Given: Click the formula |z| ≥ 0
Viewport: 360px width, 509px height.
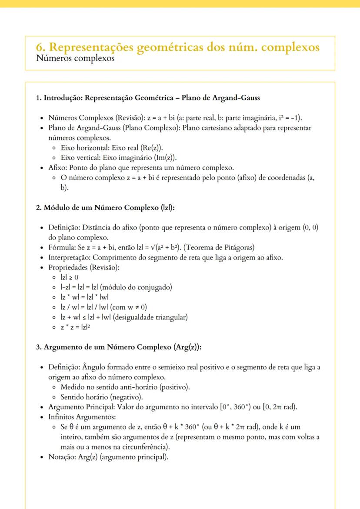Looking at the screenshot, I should pyautogui.click(x=70, y=277).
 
